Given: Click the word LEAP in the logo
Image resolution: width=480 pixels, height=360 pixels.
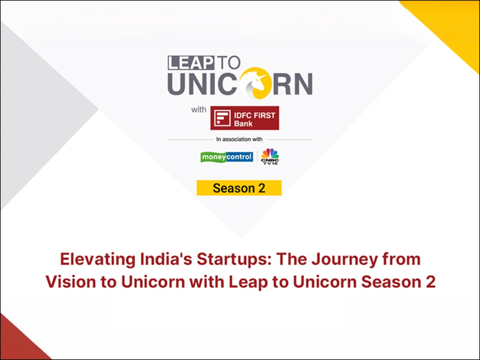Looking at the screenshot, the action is [x=191, y=63].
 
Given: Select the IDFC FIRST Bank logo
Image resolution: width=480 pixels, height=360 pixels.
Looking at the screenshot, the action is [x=245, y=118].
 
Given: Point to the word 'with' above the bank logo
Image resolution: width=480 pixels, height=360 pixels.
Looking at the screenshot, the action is [x=198, y=109].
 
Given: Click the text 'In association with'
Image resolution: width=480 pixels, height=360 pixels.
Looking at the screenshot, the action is [x=239, y=139].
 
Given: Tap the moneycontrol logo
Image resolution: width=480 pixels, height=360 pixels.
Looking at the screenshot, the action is [x=227, y=157].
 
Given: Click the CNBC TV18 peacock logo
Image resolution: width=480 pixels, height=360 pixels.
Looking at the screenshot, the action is [x=270, y=156].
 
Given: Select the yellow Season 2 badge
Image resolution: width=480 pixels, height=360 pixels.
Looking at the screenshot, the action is [x=239, y=188].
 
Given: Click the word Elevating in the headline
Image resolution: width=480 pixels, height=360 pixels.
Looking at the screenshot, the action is [x=98, y=260].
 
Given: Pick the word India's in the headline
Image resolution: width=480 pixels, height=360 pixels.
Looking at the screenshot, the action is [x=166, y=259].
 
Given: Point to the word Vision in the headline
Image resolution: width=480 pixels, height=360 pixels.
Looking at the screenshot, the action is [x=71, y=282].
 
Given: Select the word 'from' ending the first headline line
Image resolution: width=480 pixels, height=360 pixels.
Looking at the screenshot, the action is [x=402, y=259].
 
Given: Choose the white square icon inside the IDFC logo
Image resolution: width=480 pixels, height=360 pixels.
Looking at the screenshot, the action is [x=222, y=118].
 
